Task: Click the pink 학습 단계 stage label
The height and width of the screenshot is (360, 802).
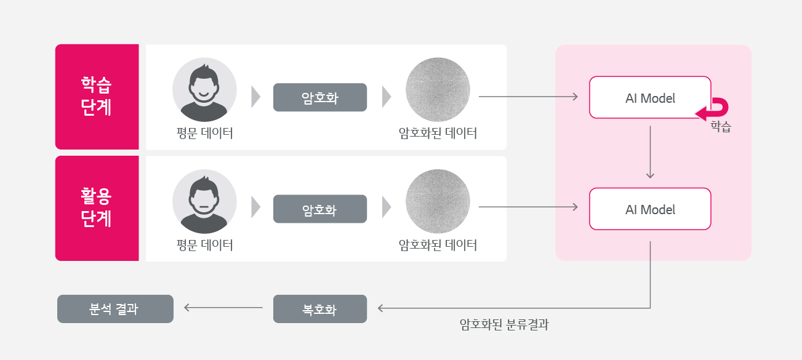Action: point(97,97)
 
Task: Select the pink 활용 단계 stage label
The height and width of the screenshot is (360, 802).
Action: point(97,208)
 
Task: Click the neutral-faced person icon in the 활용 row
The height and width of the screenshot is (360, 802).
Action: point(204,201)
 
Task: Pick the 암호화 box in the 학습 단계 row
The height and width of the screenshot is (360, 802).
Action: point(320,97)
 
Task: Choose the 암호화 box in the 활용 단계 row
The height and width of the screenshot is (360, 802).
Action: point(320,209)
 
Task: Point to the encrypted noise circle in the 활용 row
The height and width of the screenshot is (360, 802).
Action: point(438,201)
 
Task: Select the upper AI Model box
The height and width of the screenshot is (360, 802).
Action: point(650,97)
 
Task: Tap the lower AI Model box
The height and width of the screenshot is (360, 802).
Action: point(650,209)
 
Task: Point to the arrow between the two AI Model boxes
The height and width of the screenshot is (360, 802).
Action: point(650,153)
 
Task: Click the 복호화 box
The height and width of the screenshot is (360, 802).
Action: point(320,309)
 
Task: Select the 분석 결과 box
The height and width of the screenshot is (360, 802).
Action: point(115,309)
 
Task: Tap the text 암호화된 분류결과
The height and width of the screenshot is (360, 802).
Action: point(503,325)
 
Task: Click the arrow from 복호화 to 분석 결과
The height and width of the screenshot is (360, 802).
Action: point(223,308)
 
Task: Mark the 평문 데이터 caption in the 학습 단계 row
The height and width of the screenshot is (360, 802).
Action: point(204,132)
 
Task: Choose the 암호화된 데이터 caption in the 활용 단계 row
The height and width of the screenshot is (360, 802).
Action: point(438,245)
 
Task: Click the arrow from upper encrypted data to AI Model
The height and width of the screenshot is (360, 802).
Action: point(528,97)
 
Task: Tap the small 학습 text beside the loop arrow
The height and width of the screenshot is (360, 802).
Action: point(721,127)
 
